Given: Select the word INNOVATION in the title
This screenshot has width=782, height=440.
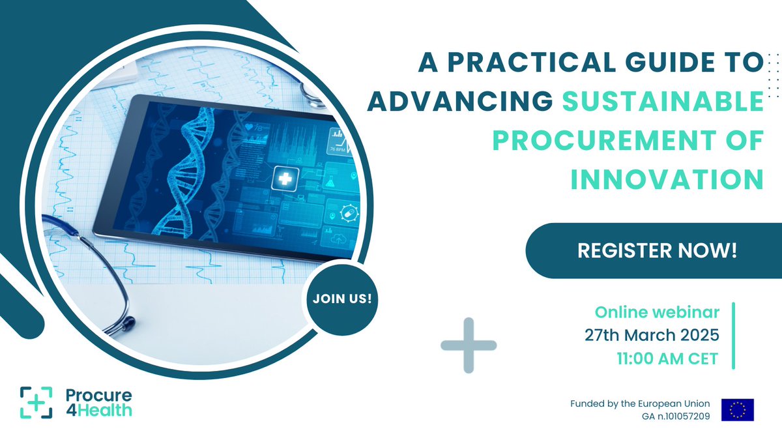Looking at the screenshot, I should (x=667, y=179).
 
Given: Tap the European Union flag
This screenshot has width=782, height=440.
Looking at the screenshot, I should (x=737, y=409).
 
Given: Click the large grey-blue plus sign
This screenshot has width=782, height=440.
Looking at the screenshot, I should (x=468, y=345).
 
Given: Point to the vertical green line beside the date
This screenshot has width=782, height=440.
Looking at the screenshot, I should (x=734, y=335).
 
